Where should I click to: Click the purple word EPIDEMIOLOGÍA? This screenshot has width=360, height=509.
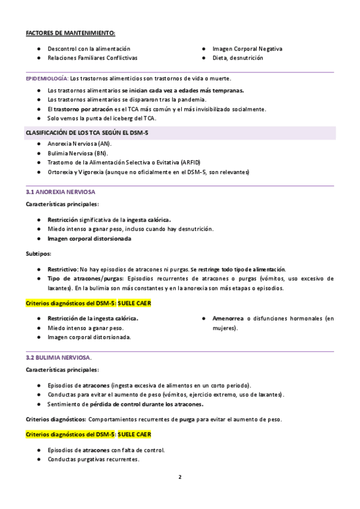47,79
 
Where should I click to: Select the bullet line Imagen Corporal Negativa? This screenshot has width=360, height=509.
247,48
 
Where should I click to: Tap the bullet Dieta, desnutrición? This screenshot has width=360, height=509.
238,58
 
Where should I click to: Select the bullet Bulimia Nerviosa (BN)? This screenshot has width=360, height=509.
77,153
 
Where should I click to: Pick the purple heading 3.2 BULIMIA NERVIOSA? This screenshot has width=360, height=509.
58,357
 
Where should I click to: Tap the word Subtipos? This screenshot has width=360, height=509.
38,253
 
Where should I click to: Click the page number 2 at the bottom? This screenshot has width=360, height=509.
179,477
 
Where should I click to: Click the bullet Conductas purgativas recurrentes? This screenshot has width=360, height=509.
93,459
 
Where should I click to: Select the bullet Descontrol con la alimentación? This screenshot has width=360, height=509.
88,48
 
